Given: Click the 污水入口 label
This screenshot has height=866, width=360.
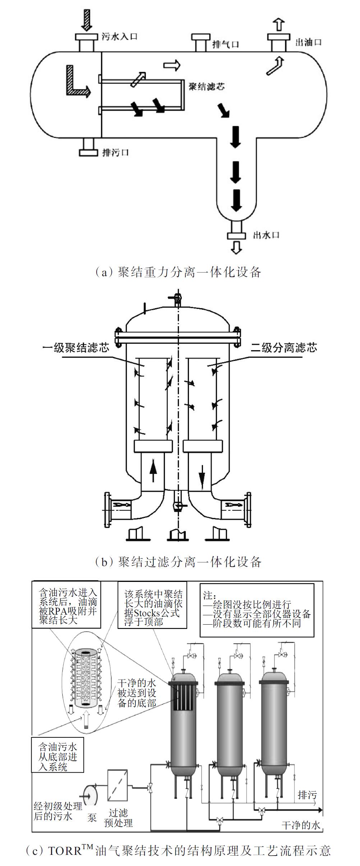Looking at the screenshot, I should [119, 36].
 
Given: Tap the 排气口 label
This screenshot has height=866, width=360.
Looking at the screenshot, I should [226, 44].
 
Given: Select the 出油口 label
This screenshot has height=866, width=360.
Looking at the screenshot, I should [308, 42].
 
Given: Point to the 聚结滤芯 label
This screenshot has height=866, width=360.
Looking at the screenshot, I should [207, 87].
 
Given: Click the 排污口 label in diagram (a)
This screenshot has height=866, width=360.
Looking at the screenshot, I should [115, 153].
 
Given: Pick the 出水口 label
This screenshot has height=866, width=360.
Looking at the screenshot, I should [266, 235].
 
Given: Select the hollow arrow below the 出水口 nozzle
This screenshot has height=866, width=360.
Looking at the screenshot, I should [236, 247].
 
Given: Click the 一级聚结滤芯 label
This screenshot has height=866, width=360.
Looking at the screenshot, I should [75, 348].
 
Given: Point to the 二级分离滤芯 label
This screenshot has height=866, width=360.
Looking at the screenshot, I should [284, 348].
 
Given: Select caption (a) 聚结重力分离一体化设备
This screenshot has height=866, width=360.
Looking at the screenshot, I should [178, 272].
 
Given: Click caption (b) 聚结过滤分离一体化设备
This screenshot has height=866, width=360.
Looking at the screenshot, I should [178, 562].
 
